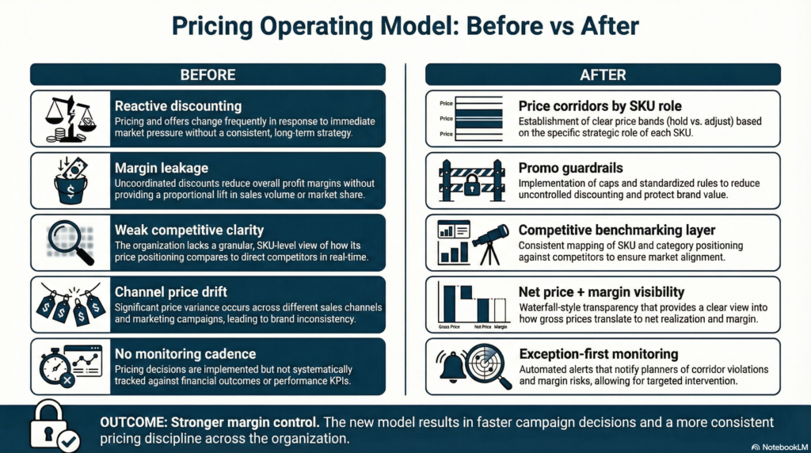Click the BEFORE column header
point(208,74)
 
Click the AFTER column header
point(603,74)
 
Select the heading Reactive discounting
point(178,105)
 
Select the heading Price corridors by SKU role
point(600,105)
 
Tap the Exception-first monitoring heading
point(598,353)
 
